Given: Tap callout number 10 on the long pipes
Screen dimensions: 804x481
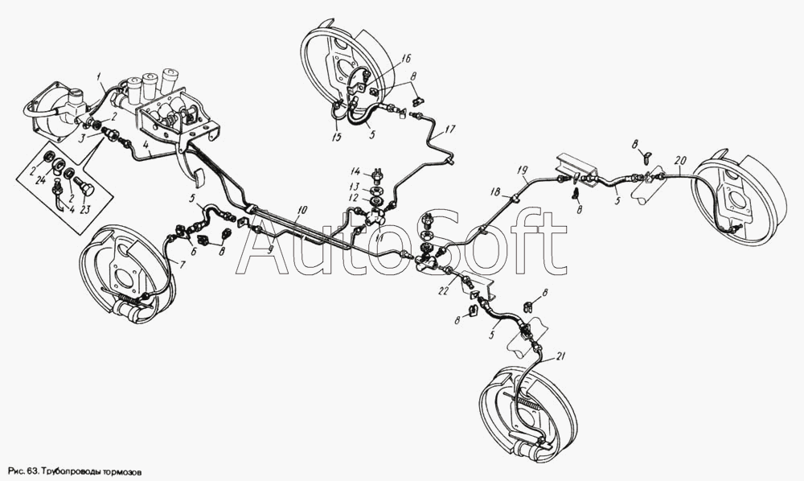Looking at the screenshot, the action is pyautogui.click(x=302, y=209).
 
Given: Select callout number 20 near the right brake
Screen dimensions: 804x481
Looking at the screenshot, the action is pyautogui.click(x=680, y=159).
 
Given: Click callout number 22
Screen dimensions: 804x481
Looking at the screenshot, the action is pyautogui.click(x=444, y=291).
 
